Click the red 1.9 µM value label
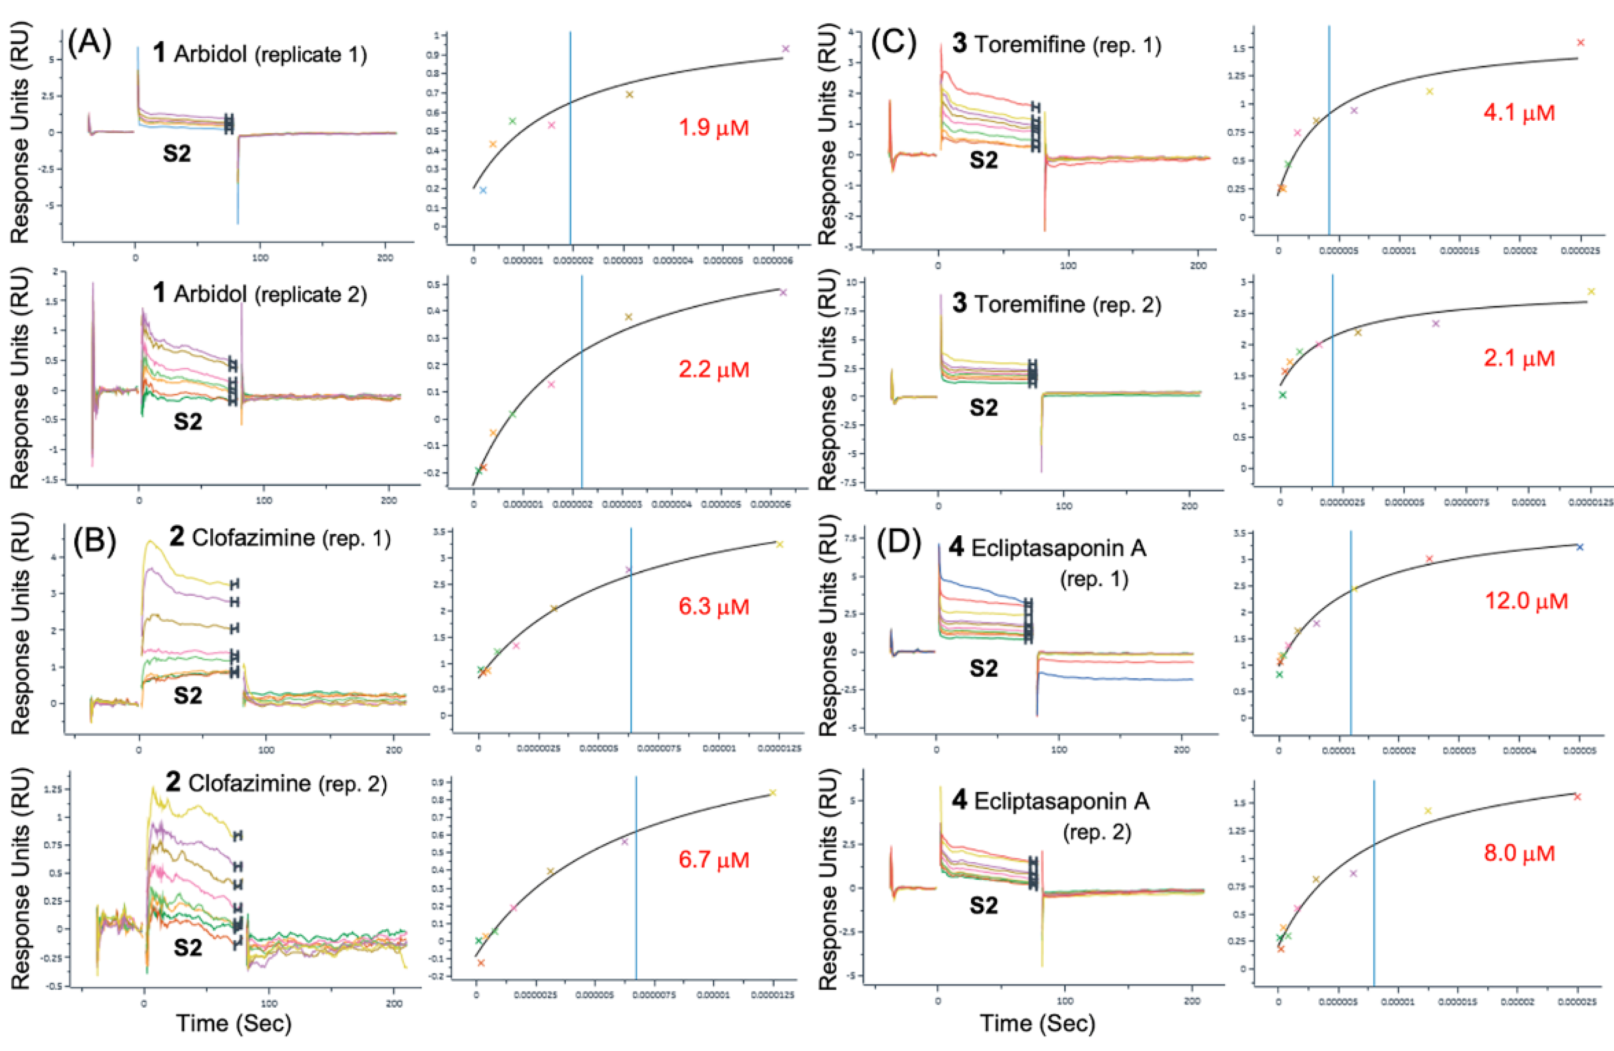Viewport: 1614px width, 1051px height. coord(713,128)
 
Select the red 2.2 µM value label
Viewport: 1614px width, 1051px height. coord(713,370)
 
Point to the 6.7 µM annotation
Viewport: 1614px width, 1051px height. coord(713,860)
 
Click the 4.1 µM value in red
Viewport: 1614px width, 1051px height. coord(1519,113)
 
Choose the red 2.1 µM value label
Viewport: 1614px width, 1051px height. coord(1519,358)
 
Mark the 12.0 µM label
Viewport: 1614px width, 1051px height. coord(1526,601)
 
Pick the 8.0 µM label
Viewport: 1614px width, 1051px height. coord(1519,853)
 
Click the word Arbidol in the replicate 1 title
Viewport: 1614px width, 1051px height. coord(210,54)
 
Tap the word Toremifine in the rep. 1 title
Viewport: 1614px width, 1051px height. coord(1030,45)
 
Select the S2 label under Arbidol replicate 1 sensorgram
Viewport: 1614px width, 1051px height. coord(177,154)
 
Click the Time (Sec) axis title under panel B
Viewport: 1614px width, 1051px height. coord(234,1023)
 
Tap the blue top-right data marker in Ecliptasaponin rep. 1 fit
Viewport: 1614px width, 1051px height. coord(1579,547)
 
